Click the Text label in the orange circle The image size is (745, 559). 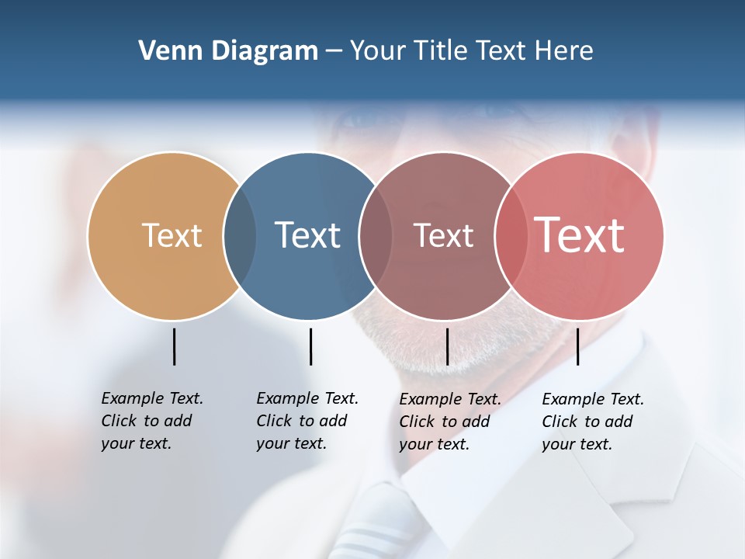(172, 235)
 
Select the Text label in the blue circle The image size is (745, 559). (308, 235)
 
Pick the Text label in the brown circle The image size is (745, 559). (443, 235)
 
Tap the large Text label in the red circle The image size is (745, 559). (580, 235)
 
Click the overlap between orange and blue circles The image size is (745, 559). (240, 236)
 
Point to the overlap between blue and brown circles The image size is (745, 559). (376, 236)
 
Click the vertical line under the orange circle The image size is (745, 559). (174, 346)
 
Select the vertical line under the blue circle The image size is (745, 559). (310, 346)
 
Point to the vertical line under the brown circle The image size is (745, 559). (447, 346)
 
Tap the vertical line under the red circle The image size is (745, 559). (577, 346)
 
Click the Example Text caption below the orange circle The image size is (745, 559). (151, 421)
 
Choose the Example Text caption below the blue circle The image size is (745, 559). (307, 421)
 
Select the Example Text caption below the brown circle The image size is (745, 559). (449, 422)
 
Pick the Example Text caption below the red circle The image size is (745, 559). (592, 422)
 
